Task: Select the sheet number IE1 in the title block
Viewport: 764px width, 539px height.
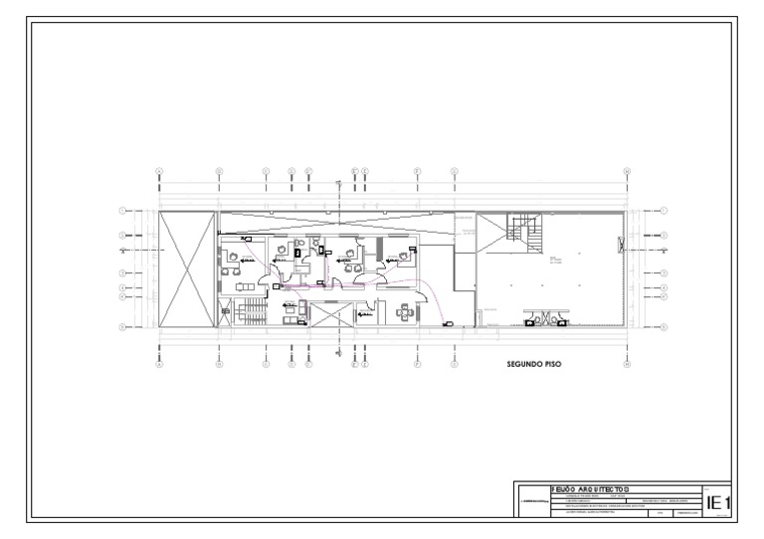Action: click(x=717, y=504)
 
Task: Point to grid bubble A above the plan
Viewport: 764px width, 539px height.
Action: click(x=159, y=171)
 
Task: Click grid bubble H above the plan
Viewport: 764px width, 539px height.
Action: click(x=627, y=171)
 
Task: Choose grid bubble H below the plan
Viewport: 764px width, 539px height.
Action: click(x=627, y=364)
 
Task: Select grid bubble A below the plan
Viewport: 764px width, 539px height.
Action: click(x=159, y=364)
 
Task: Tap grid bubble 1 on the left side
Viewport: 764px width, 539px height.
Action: click(x=122, y=211)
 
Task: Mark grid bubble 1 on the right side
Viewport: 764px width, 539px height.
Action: click(x=664, y=211)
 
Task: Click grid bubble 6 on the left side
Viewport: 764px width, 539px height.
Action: click(x=122, y=326)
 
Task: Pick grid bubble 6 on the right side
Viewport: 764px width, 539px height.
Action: click(x=664, y=326)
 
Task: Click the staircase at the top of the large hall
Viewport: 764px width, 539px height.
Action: click(x=520, y=231)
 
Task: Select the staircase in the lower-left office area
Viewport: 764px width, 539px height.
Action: click(x=247, y=315)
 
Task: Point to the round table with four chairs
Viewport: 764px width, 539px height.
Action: click(x=403, y=312)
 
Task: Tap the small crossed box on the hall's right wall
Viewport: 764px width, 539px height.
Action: click(x=621, y=241)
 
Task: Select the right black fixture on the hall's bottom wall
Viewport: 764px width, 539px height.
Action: click(x=563, y=321)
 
